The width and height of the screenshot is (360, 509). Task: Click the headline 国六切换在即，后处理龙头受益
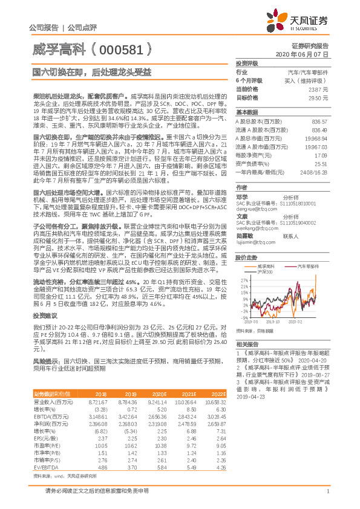point(83,72)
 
